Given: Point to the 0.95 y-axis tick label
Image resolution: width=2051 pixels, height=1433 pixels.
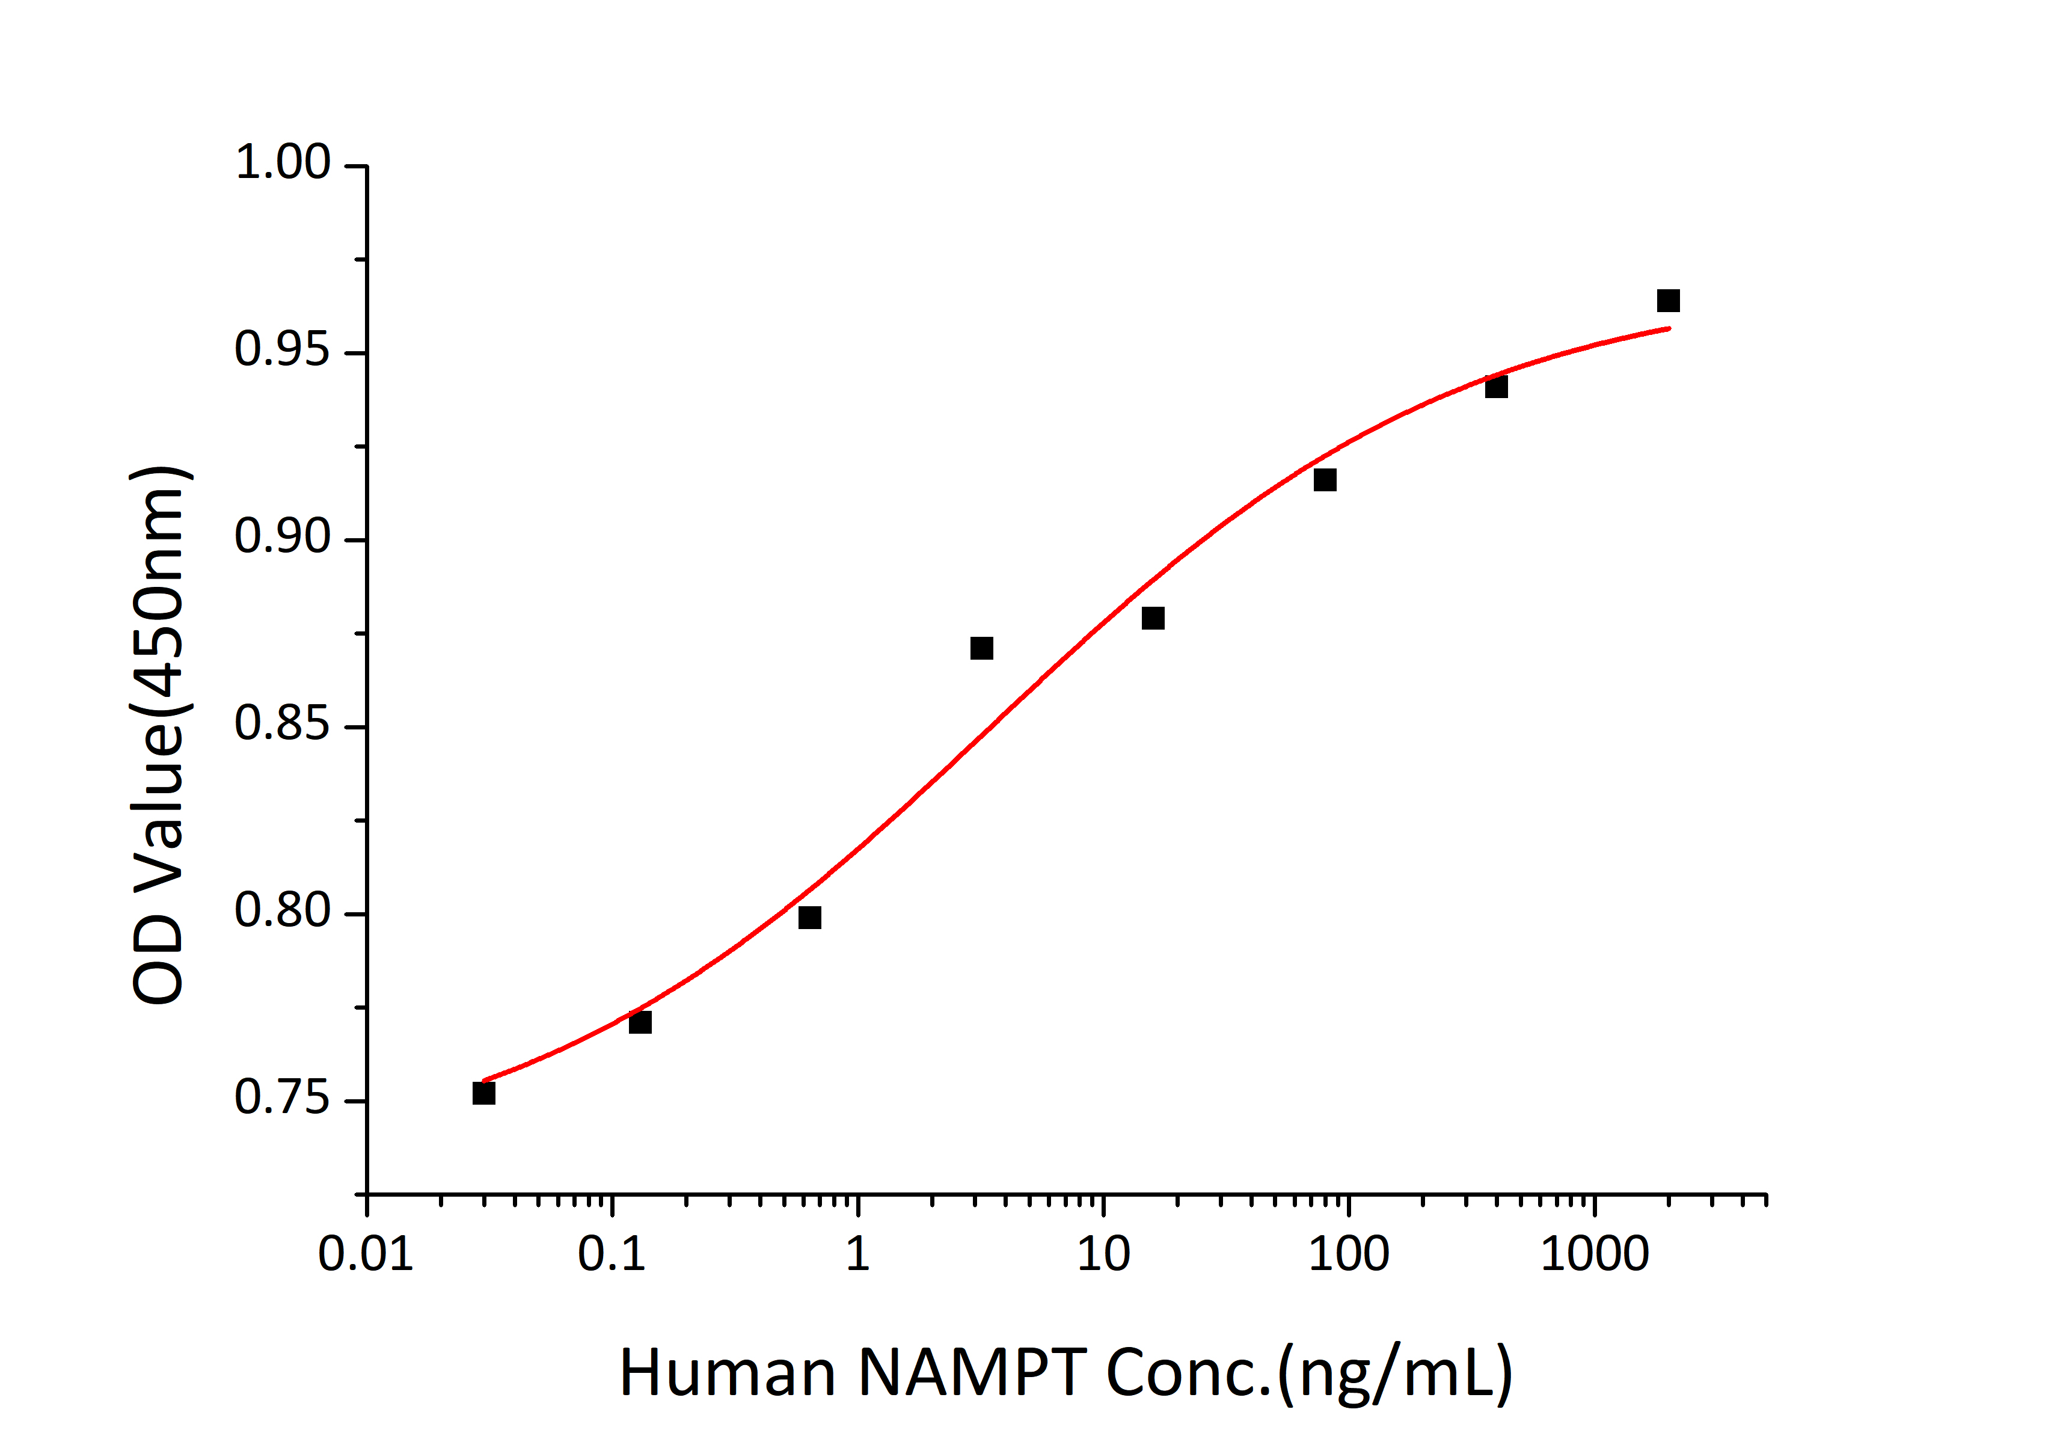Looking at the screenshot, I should [x=282, y=349].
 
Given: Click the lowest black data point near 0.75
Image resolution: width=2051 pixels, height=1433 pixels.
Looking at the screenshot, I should [x=483, y=1093].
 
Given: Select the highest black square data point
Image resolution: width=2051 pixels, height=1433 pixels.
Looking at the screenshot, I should [x=1668, y=300].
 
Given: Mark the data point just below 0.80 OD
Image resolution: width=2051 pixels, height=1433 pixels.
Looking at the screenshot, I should [x=809, y=918].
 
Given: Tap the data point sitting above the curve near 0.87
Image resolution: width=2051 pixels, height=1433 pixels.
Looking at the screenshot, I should [x=982, y=648].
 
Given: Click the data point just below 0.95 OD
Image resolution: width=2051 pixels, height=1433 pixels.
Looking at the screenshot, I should [x=1496, y=387].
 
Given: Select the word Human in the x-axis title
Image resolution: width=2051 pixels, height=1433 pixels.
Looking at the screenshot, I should [x=728, y=1373].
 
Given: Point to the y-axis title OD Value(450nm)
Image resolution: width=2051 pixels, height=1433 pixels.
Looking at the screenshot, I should [x=159, y=734].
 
